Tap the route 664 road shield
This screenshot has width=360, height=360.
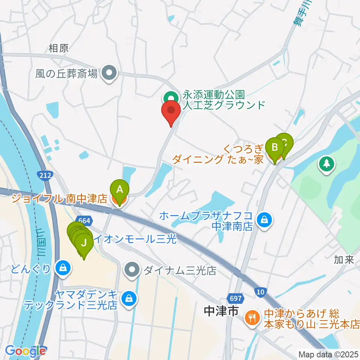click(82, 220)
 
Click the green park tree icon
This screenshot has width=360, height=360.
click(326, 163)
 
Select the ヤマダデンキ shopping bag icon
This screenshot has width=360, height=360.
click(129, 299)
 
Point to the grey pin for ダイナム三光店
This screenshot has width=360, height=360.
click(132, 270)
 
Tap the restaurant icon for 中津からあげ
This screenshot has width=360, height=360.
click(251, 318)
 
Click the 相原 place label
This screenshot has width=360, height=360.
click(58, 48)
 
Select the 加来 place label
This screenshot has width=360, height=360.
click(344, 260)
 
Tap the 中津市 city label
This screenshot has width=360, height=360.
click(221, 310)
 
